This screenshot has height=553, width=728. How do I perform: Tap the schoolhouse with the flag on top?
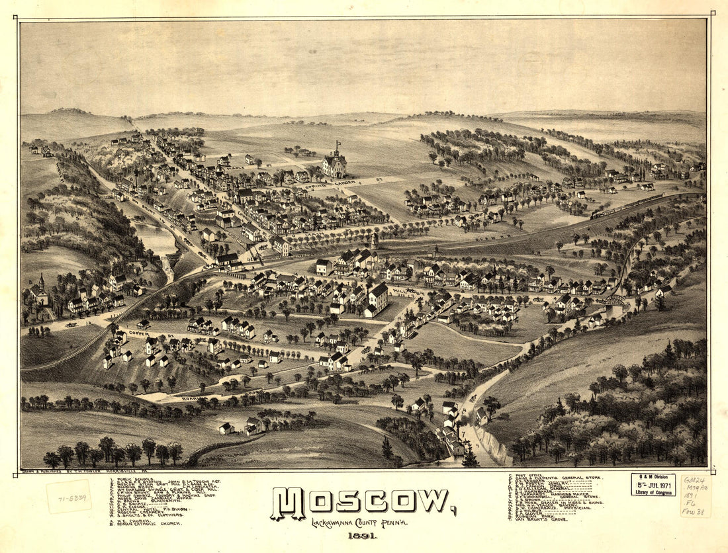click(334, 162)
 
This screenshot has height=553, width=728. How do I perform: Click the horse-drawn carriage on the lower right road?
click(473, 398)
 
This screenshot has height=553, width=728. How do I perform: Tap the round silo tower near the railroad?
click(375, 240)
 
